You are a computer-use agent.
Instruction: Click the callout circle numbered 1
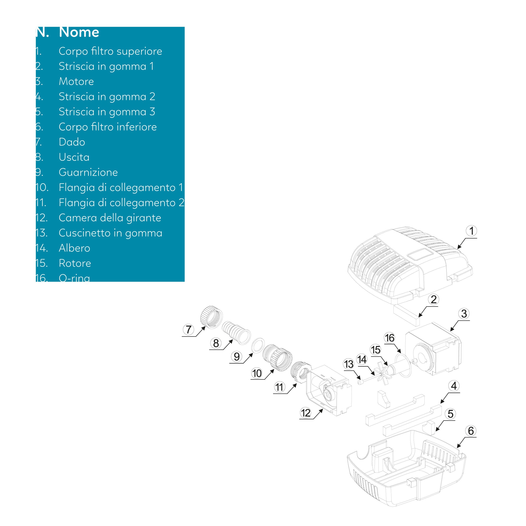tap(471, 231)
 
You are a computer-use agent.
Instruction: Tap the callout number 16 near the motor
tap(389, 338)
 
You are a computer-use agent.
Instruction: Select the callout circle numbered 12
tap(306, 413)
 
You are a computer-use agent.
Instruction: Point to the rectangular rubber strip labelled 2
tap(407, 315)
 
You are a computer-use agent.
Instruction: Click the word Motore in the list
tap(76, 81)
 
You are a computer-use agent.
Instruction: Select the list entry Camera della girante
tap(110, 218)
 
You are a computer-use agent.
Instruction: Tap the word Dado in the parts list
tap(72, 142)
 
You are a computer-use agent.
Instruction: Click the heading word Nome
tap(79, 32)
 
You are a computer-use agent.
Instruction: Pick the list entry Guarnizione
tap(88, 172)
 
